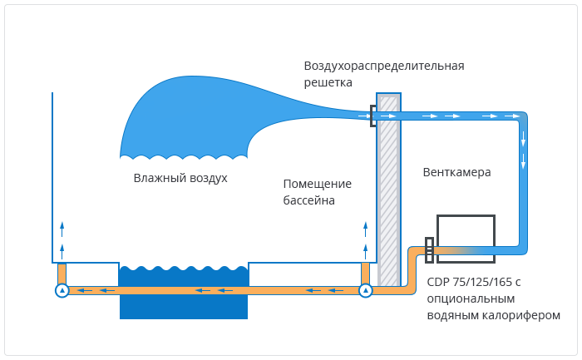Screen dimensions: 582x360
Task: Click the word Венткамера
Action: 457,172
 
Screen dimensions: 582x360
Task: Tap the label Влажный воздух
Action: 180,178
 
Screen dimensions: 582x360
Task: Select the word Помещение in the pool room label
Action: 318,184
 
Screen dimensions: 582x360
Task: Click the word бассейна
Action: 308,200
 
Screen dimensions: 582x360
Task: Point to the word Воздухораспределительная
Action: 384,66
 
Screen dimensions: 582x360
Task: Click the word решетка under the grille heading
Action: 328,82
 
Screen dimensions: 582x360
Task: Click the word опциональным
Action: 471,298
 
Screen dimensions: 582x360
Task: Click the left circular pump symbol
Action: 62,290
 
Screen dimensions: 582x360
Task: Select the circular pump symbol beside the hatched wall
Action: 366,290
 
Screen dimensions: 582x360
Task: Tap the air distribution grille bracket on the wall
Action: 372,116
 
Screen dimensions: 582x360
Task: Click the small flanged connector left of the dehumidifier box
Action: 429,250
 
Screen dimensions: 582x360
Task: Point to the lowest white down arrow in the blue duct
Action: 523,162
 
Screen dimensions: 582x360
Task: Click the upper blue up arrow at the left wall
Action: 62,229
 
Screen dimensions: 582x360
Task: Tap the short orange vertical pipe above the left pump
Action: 62,274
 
